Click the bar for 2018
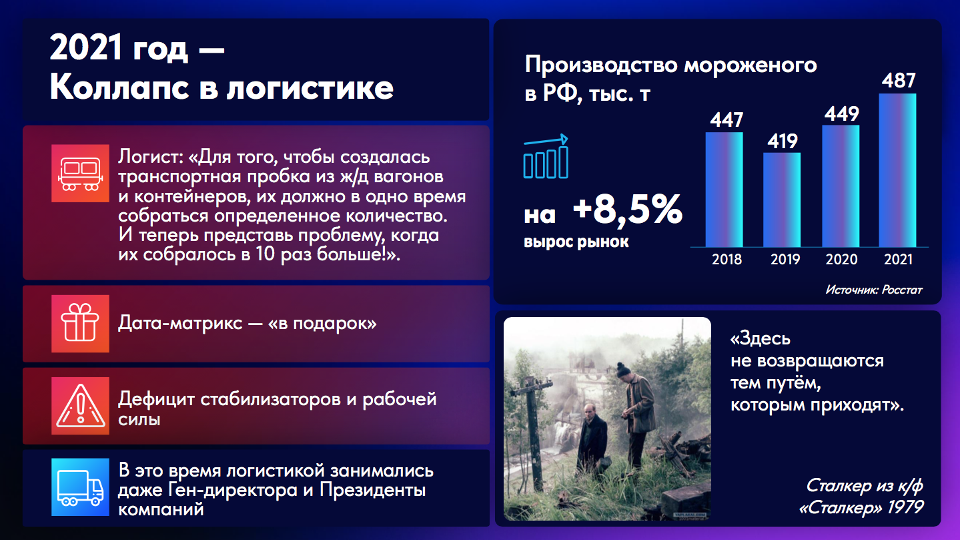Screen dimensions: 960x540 (725, 190)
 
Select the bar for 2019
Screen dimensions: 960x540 (782, 200)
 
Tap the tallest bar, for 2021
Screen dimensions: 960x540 (897, 170)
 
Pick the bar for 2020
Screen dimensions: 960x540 (841, 186)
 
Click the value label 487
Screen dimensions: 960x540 (899, 80)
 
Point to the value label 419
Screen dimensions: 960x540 (783, 141)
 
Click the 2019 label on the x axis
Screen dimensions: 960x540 (785, 259)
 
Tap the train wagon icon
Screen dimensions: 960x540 (80, 174)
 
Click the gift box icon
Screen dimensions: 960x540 (80, 324)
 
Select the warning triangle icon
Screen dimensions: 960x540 (80, 406)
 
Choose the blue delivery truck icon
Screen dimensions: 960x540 (80, 487)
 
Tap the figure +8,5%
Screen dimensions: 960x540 (627, 210)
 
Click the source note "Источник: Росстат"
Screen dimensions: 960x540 (874, 290)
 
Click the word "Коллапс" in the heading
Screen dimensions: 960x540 (119, 87)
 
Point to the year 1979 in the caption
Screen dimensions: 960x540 (905, 507)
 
